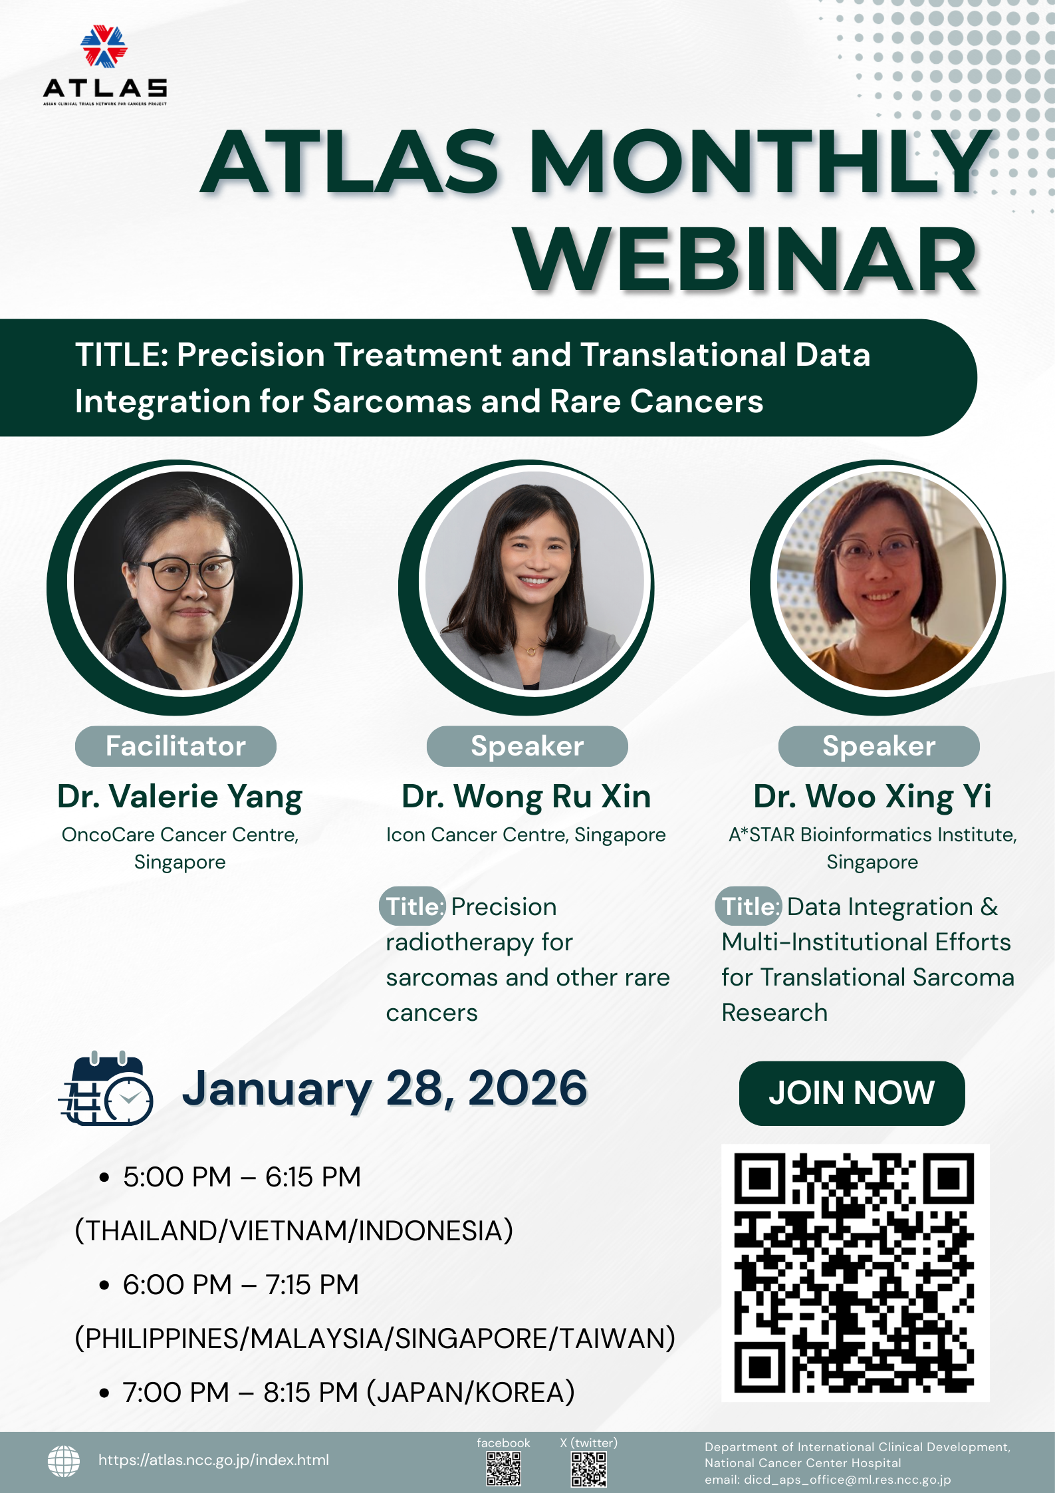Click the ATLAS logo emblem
coord(104,46)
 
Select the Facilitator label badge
coord(176,746)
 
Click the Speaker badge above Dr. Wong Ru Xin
coord(527,746)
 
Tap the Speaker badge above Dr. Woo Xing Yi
coord(879,746)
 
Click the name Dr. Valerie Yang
coord(179,797)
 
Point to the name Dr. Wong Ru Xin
coord(527,797)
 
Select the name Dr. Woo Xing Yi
coord(872,797)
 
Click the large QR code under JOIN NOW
coord(855,1273)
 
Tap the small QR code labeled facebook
coord(503,1468)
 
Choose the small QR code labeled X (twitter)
coord(589,1468)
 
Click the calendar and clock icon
coord(106,1088)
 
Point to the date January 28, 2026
coord(385,1089)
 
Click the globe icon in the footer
coord(64,1460)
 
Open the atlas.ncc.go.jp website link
coord(213,1460)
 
